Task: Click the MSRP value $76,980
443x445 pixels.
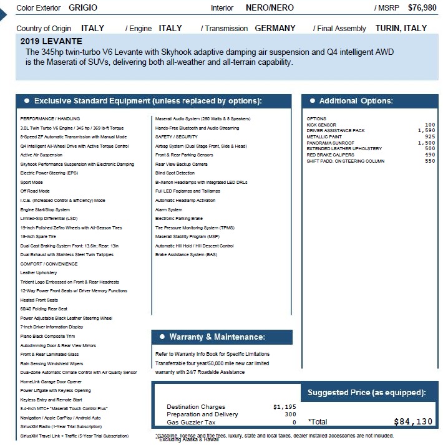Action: click(x=422, y=8)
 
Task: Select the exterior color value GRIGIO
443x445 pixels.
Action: click(x=83, y=8)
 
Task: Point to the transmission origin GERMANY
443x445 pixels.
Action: click(x=275, y=28)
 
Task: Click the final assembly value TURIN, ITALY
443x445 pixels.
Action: click(x=401, y=28)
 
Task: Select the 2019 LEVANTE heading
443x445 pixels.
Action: click(x=51, y=41)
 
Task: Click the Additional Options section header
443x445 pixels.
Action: click(x=356, y=101)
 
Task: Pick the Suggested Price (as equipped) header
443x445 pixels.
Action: click(x=366, y=393)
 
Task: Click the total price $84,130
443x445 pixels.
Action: click(x=413, y=422)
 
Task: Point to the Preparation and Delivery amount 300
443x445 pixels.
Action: click(x=290, y=414)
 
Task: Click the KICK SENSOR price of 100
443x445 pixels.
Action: click(x=429, y=125)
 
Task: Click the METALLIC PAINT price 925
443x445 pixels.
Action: click(x=429, y=136)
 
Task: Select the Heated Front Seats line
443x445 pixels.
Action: click(x=39, y=300)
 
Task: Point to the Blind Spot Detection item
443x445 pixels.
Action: click(x=175, y=173)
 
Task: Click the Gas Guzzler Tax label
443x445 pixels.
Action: click(x=192, y=422)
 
